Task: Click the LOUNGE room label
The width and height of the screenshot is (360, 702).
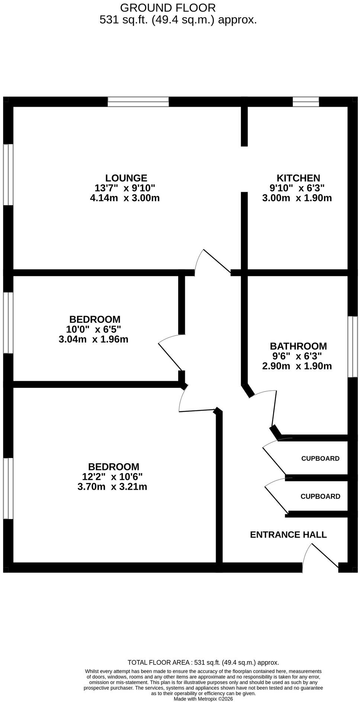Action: [126, 178]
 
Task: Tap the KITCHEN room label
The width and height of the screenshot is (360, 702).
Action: [298, 178]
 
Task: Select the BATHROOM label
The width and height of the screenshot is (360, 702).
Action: [298, 346]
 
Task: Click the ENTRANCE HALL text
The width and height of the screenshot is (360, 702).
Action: [288, 535]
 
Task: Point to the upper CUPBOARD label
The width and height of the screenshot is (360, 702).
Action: [320, 458]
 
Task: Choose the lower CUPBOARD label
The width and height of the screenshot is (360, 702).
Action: [320, 496]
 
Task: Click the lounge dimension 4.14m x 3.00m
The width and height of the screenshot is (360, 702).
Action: [125, 198]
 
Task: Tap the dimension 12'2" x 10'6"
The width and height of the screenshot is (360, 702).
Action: [112, 477]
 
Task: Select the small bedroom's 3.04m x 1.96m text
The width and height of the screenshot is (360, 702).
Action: [93, 339]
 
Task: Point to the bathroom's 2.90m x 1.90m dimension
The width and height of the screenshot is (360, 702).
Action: [297, 366]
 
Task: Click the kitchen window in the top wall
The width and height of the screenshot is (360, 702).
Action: [306, 102]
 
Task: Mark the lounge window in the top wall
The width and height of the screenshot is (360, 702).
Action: [138, 102]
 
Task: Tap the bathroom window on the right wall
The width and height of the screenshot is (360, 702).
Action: [353, 347]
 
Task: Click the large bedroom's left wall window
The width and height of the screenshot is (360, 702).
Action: [8, 488]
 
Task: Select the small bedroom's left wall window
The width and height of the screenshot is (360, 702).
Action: [8, 323]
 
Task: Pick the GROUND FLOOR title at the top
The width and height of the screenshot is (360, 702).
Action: [168, 7]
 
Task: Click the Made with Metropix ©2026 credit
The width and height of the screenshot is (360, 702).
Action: [203, 699]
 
